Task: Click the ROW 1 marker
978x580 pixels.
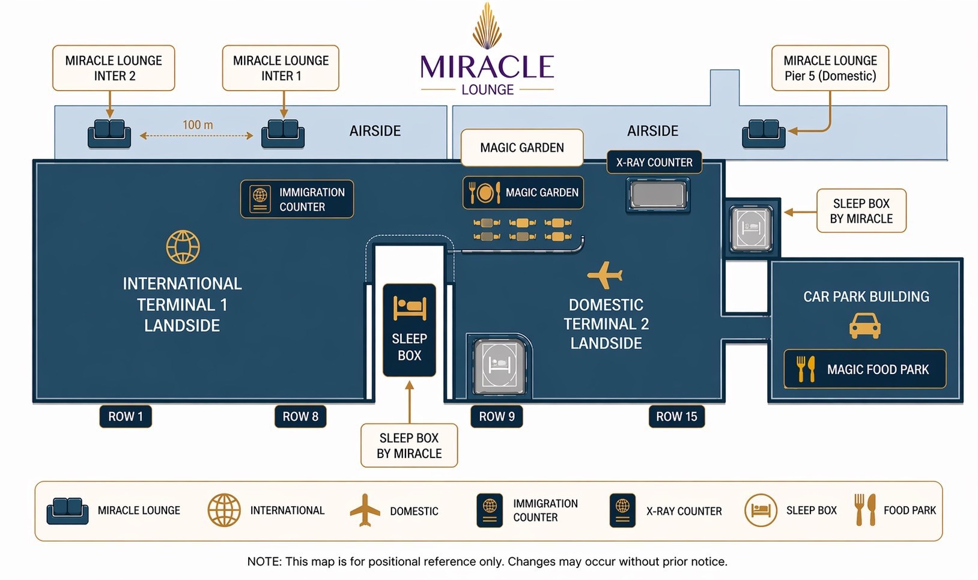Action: (126, 416)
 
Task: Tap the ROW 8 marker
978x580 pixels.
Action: (300, 416)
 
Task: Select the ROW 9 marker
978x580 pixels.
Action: (496, 416)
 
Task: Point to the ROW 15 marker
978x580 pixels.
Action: (676, 416)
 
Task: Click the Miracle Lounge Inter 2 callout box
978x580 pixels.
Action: (114, 68)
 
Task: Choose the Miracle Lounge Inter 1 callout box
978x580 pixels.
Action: (281, 68)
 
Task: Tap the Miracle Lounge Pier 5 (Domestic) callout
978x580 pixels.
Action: (830, 68)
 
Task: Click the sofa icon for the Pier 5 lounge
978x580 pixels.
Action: (764, 133)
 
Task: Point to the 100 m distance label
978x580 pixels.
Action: (198, 125)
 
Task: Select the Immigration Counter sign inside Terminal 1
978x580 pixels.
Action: (297, 199)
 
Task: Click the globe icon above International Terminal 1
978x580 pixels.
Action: (183, 247)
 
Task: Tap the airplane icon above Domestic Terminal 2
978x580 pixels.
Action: (605, 275)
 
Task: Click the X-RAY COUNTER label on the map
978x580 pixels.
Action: (654, 162)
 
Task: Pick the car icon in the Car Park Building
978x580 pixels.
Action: (865, 326)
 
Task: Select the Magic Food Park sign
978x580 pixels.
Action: (865, 369)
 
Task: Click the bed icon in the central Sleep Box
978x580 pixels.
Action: (410, 308)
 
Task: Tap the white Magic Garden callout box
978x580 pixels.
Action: (522, 148)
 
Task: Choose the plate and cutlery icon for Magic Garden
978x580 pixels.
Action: (485, 193)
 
